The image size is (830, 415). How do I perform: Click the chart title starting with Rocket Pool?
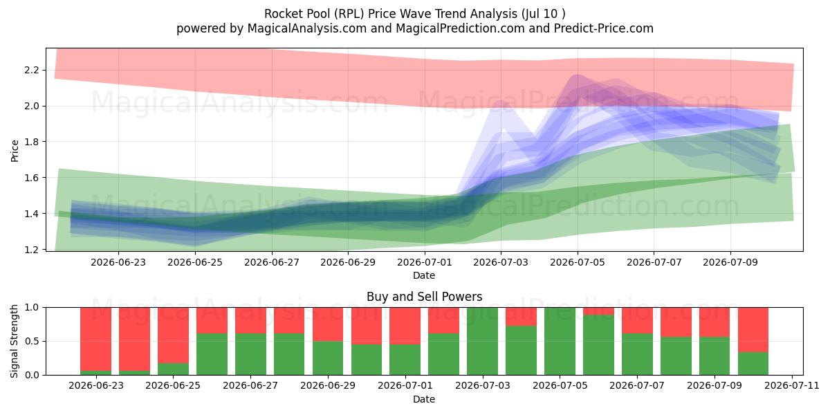(x=414, y=14)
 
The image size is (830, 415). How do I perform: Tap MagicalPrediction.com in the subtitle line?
(x=460, y=28)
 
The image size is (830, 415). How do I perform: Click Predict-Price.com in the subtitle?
(x=604, y=28)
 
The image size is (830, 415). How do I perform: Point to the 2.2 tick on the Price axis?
(x=32, y=70)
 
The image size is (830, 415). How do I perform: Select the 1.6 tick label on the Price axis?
(x=32, y=178)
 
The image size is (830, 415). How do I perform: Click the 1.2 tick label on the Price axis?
(x=32, y=250)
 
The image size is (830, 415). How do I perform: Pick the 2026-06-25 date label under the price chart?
(x=195, y=262)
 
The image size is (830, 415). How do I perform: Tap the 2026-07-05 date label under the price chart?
(x=578, y=262)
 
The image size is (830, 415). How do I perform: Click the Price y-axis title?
(x=15, y=151)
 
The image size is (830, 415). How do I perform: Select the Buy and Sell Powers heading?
(x=424, y=297)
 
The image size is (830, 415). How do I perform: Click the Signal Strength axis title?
(x=14, y=341)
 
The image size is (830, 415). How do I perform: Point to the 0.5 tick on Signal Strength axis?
(x=32, y=341)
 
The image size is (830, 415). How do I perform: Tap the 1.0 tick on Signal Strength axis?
(x=32, y=308)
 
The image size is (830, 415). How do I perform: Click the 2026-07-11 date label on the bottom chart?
(x=792, y=386)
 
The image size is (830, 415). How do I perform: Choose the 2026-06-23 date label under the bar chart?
(x=96, y=386)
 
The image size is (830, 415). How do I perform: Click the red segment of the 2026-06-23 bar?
(x=96, y=339)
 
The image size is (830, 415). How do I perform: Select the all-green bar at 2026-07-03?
(x=483, y=341)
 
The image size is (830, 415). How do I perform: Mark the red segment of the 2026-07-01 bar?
(x=405, y=326)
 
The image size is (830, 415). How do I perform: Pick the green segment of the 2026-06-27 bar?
(x=250, y=354)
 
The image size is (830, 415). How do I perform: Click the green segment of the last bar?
(x=753, y=364)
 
